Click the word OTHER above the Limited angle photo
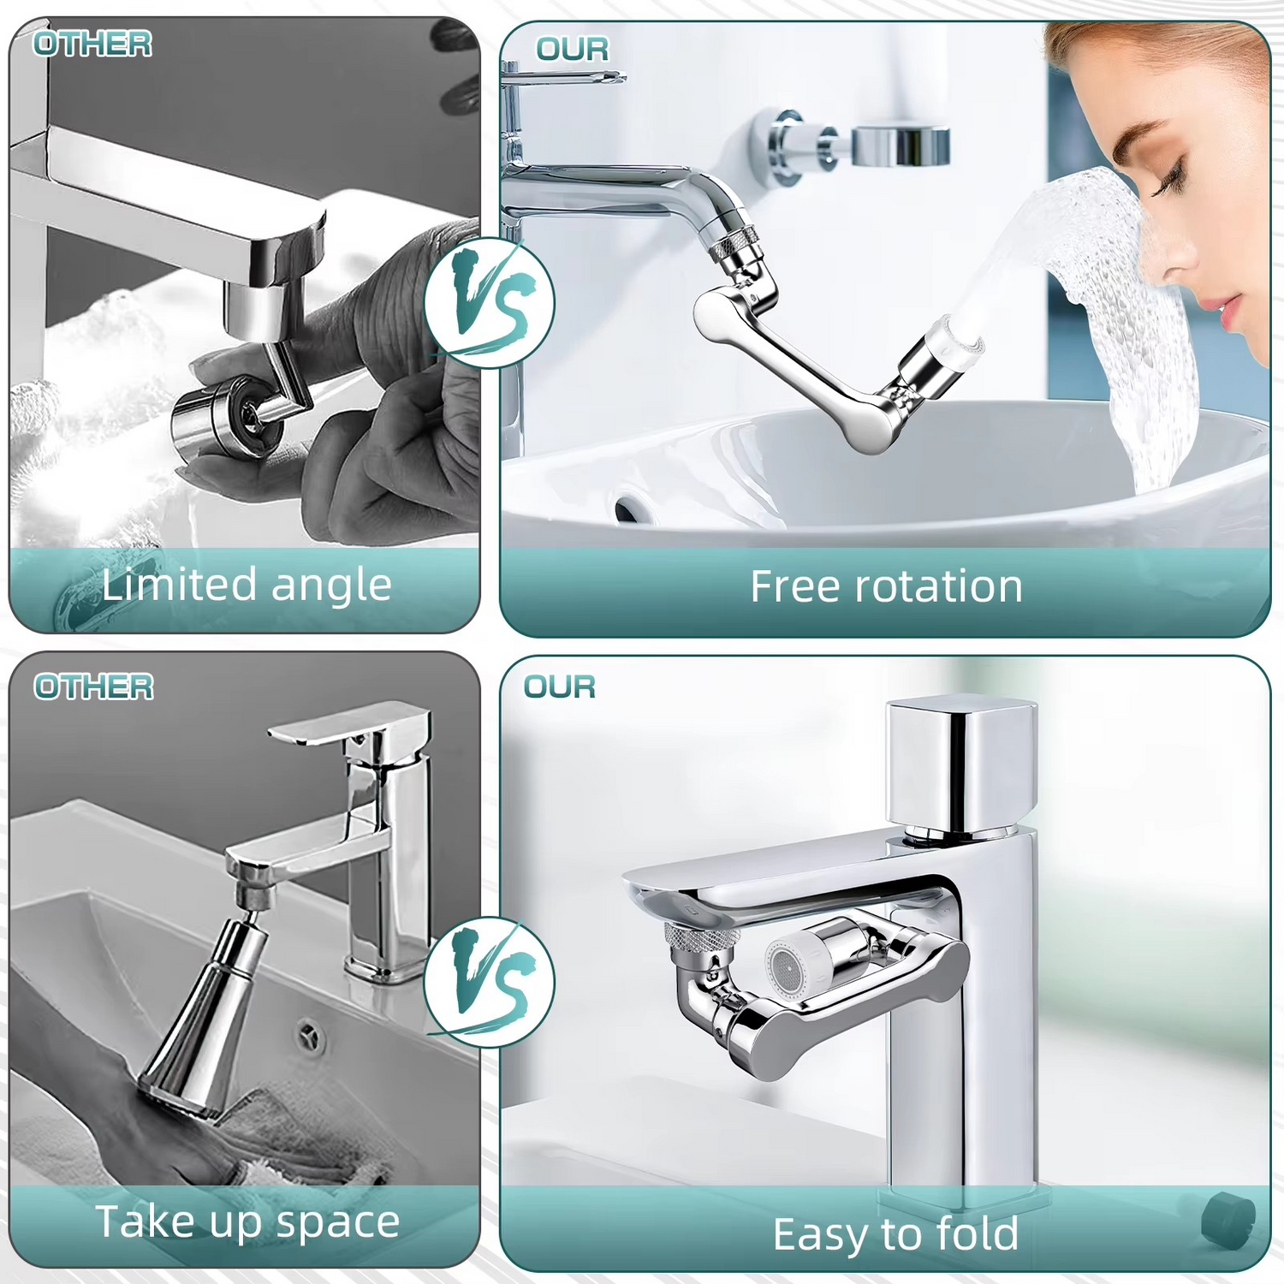[92, 44]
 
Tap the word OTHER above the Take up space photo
[93, 687]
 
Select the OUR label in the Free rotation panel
[573, 50]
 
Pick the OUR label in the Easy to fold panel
[560, 687]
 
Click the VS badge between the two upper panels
[490, 303]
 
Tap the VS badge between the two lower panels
[490, 982]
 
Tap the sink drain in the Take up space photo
[312, 1035]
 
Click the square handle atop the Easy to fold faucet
[961, 764]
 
